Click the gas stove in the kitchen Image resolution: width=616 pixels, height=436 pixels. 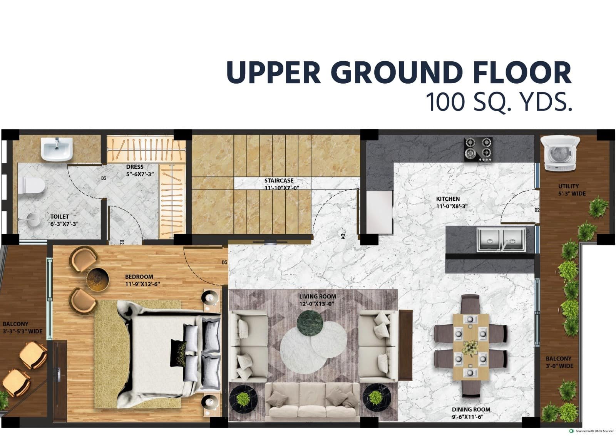(478, 149)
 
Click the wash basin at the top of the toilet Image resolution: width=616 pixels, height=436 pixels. (57, 149)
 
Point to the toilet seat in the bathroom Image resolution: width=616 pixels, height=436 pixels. (32, 185)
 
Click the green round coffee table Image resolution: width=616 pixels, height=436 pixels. (310, 323)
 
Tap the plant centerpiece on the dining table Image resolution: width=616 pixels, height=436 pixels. (470, 348)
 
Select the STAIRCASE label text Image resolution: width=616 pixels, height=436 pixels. (279, 181)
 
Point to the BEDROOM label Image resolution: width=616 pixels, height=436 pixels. (139, 277)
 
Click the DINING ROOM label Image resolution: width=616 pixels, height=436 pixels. (471, 409)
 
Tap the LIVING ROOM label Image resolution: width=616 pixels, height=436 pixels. (318, 297)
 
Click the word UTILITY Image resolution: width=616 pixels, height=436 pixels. (568, 186)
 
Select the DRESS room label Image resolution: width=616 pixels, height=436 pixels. (135, 167)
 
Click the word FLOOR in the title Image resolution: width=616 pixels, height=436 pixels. (519, 72)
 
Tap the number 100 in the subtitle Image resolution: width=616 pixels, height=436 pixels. (446, 102)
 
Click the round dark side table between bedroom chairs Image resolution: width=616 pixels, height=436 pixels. (98, 280)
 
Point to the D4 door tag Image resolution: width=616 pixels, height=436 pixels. (343, 236)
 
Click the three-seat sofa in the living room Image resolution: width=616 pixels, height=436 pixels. (312, 402)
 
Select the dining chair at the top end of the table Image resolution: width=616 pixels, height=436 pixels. (470, 304)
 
